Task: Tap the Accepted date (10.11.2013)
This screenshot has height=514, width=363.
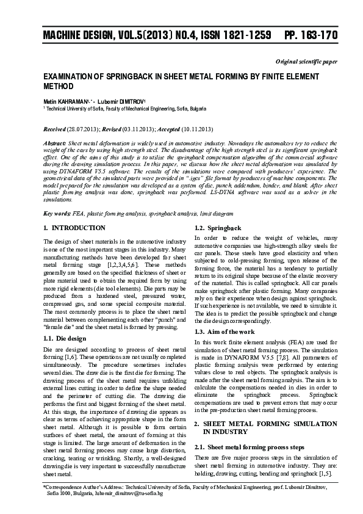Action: coord(195,129)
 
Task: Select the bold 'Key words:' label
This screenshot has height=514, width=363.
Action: coord(57,214)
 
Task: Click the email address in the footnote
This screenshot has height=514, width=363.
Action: coord(132,493)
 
